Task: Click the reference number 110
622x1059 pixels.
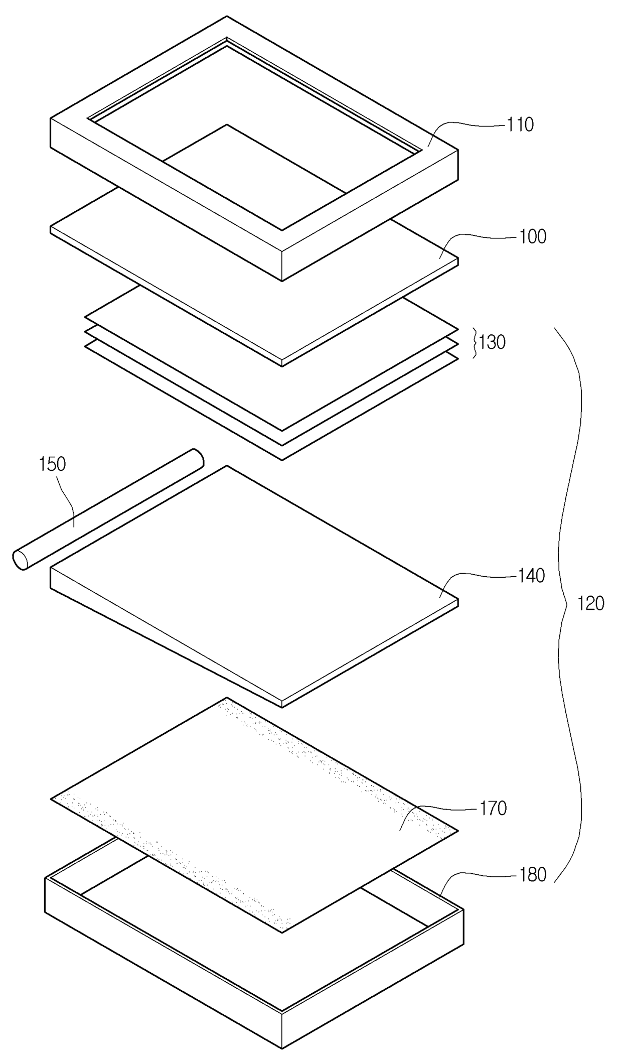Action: coord(520,125)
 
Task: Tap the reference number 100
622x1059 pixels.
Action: coord(532,236)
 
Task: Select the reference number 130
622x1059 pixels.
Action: coord(492,342)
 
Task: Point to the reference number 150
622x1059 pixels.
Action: coord(53,464)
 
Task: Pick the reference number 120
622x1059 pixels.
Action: coord(591,603)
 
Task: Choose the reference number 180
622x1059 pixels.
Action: coord(532,875)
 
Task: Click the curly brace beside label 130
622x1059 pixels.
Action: coord(475,342)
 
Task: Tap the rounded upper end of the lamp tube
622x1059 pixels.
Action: coord(197,458)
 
